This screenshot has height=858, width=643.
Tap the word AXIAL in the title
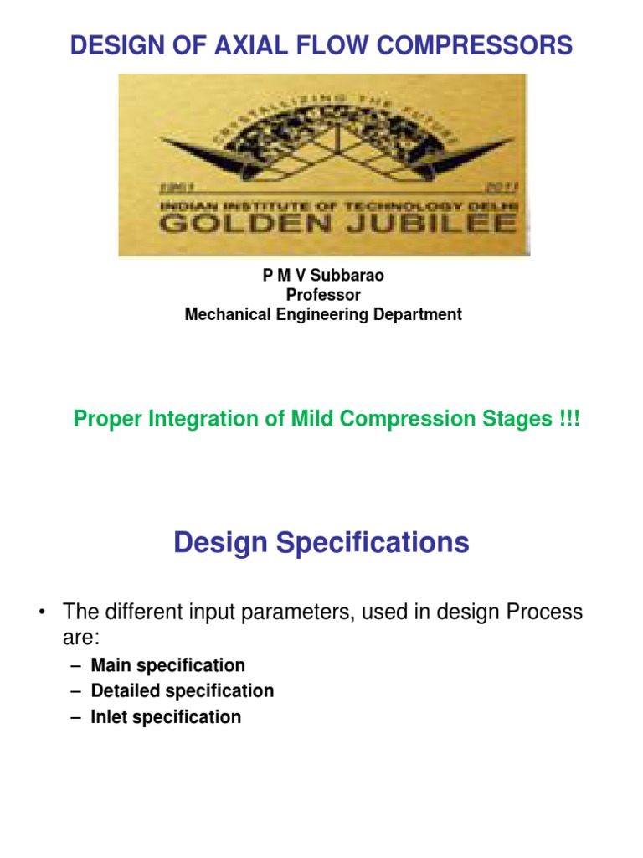coord(261,45)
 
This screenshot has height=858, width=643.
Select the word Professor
coord(323,295)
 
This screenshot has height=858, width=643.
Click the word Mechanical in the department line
coord(226,315)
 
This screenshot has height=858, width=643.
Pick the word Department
coord(414,315)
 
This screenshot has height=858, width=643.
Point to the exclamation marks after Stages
coord(567,419)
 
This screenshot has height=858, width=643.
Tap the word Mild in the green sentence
coord(319,419)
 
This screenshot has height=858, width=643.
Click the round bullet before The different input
coord(40,613)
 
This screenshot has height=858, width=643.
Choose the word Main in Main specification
coord(110,665)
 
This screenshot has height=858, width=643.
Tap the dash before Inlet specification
coord(76,717)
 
